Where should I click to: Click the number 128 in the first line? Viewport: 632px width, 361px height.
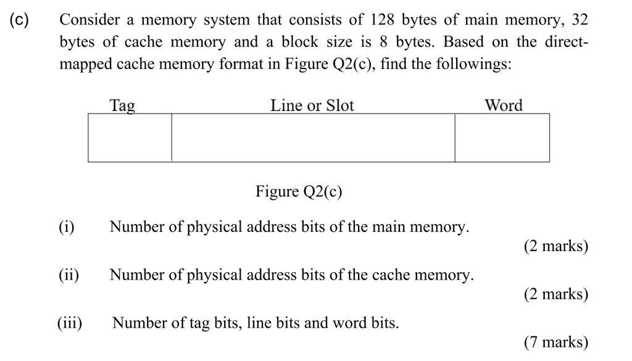tap(382, 20)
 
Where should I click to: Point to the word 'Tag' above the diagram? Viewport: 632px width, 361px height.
tap(122, 106)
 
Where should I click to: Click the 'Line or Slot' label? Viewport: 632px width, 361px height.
tap(312, 106)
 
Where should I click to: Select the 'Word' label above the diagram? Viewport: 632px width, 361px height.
tap(503, 106)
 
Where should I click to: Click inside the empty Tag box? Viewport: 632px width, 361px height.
tap(130, 138)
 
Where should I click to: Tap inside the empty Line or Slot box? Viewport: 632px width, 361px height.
tap(313, 138)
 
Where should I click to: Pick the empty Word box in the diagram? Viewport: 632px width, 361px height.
tap(502, 138)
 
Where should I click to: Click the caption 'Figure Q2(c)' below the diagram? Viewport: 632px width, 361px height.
tap(299, 192)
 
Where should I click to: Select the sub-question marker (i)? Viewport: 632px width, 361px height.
tap(67, 227)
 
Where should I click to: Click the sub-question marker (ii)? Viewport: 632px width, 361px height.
tap(69, 275)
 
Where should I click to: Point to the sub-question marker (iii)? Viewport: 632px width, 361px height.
tap(70, 323)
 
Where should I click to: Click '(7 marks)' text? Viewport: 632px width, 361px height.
tap(555, 342)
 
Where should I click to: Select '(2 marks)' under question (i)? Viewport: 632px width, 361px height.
tap(555, 246)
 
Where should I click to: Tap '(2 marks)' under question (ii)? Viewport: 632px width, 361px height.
tap(555, 294)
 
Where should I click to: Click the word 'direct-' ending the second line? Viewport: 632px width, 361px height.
tap(567, 43)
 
